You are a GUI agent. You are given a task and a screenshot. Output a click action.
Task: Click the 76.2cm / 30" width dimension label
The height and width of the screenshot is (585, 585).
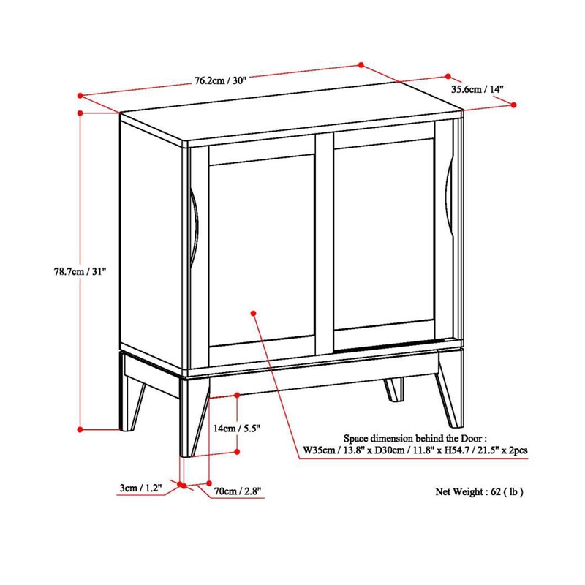[x=219, y=80]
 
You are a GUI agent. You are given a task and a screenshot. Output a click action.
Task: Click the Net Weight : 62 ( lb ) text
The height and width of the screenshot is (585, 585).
[x=480, y=491]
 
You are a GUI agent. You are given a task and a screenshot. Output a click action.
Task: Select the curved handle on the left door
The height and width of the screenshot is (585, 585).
[x=195, y=227]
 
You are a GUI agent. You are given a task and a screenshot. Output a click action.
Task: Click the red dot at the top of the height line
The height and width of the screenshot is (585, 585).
[x=80, y=113]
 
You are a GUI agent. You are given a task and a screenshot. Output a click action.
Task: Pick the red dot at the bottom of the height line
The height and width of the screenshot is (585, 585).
[x=80, y=429]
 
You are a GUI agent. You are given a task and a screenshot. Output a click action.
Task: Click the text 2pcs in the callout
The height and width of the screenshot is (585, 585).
[x=516, y=451]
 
